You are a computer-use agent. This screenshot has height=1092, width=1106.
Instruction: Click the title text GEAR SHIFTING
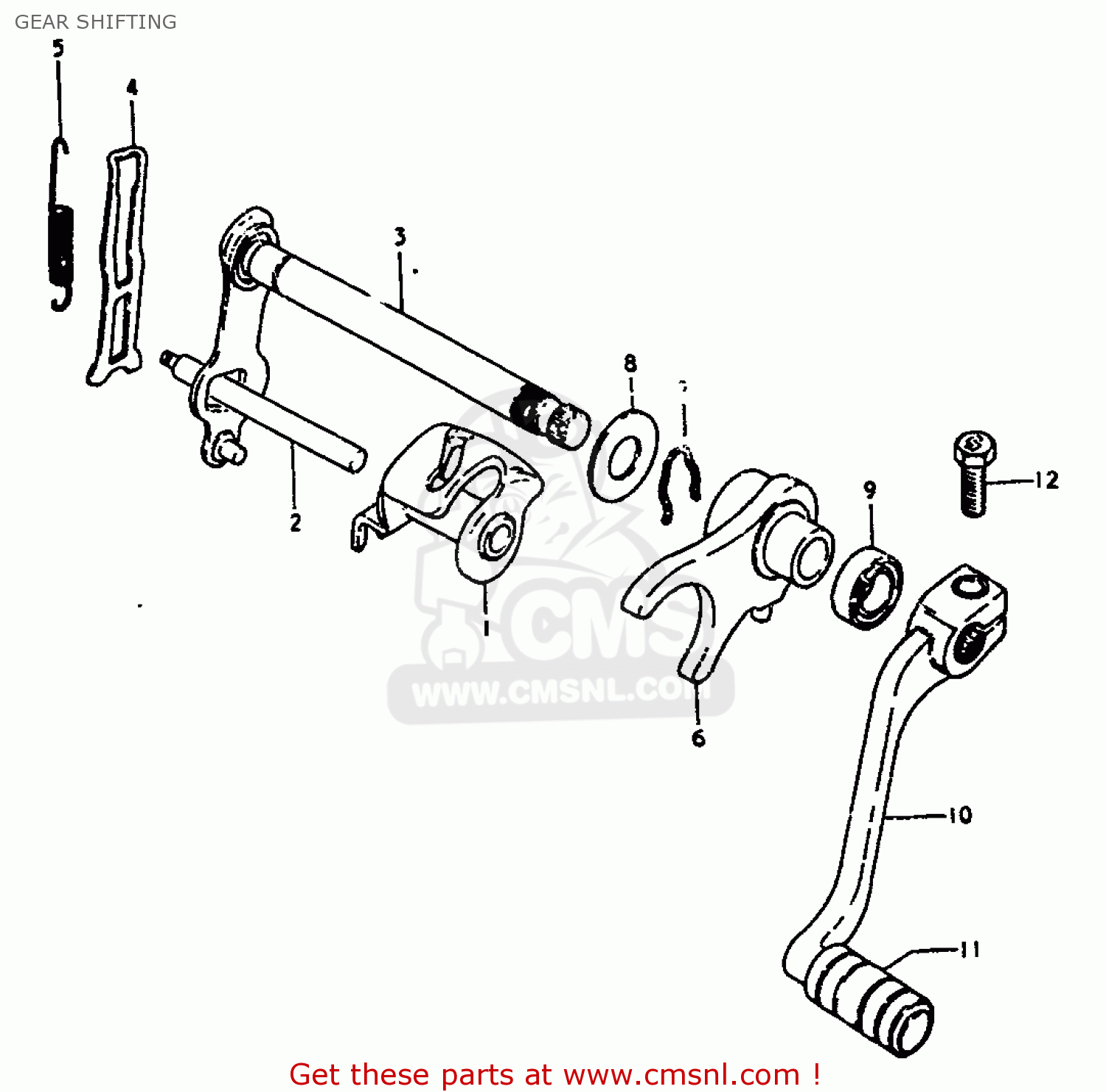click(96, 22)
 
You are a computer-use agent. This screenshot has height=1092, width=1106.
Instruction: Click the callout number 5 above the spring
click(58, 49)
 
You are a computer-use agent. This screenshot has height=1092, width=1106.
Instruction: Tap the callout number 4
click(131, 88)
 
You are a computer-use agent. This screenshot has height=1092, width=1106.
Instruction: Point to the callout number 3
click(400, 237)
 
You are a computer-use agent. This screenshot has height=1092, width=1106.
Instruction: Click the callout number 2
click(295, 522)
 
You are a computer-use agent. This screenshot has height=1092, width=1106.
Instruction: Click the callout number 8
click(630, 363)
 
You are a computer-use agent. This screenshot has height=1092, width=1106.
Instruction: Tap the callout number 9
click(870, 490)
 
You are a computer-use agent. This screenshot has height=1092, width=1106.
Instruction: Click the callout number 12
click(1046, 481)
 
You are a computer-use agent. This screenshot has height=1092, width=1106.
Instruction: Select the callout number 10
click(959, 815)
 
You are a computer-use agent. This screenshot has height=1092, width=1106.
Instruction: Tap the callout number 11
click(970, 949)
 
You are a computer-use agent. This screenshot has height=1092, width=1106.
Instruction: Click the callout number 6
click(698, 737)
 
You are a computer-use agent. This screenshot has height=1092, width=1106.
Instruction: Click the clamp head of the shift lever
click(962, 619)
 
